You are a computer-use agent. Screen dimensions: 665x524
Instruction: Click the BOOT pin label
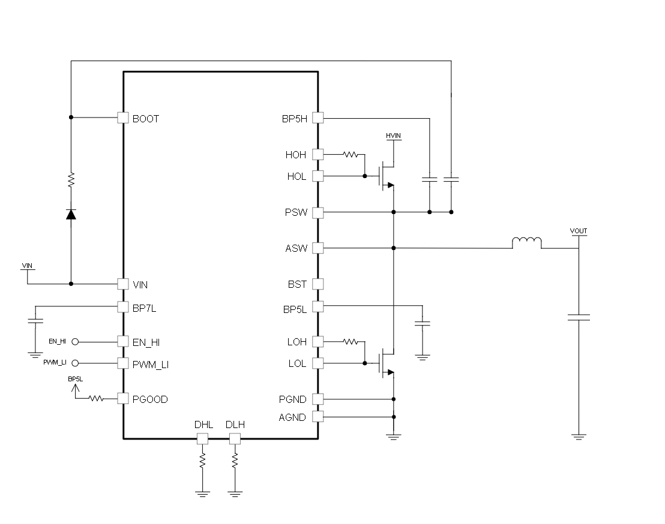[x=145, y=119]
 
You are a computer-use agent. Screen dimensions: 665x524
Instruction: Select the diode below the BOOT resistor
[x=71, y=214]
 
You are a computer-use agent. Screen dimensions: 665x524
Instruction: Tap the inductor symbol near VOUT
[x=527, y=243]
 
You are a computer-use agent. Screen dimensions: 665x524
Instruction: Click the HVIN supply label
[x=393, y=135]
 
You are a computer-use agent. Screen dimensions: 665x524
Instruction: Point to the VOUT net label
[x=579, y=231]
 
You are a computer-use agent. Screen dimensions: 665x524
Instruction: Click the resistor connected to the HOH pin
[x=351, y=155]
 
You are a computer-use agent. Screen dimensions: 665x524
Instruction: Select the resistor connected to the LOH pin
[x=351, y=341]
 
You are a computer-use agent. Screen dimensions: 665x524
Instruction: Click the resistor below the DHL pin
[x=202, y=460]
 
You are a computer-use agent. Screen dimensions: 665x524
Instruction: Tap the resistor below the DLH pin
[x=235, y=460]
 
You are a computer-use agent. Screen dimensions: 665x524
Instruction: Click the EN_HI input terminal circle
[x=75, y=341]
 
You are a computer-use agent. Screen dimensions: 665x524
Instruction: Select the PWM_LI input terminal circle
[x=75, y=363]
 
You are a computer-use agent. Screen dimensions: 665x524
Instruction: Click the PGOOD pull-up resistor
[x=96, y=398]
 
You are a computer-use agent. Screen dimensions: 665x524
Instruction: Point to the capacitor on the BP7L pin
[x=35, y=320]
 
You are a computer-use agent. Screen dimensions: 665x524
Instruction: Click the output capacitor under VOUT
[x=579, y=317]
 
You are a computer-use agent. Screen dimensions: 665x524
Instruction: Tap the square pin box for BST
[x=317, y=284]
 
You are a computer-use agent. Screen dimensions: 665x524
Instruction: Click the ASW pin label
[x=296, y=249]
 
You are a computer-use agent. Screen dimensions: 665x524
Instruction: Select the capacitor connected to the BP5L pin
[x=423, y=324]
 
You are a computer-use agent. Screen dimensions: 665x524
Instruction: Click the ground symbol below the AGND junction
[x=393, y=437]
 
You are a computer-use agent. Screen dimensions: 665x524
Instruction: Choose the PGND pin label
[x=293, y=399]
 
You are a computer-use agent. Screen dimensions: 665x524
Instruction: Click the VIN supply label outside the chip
[x=27, y=266]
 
